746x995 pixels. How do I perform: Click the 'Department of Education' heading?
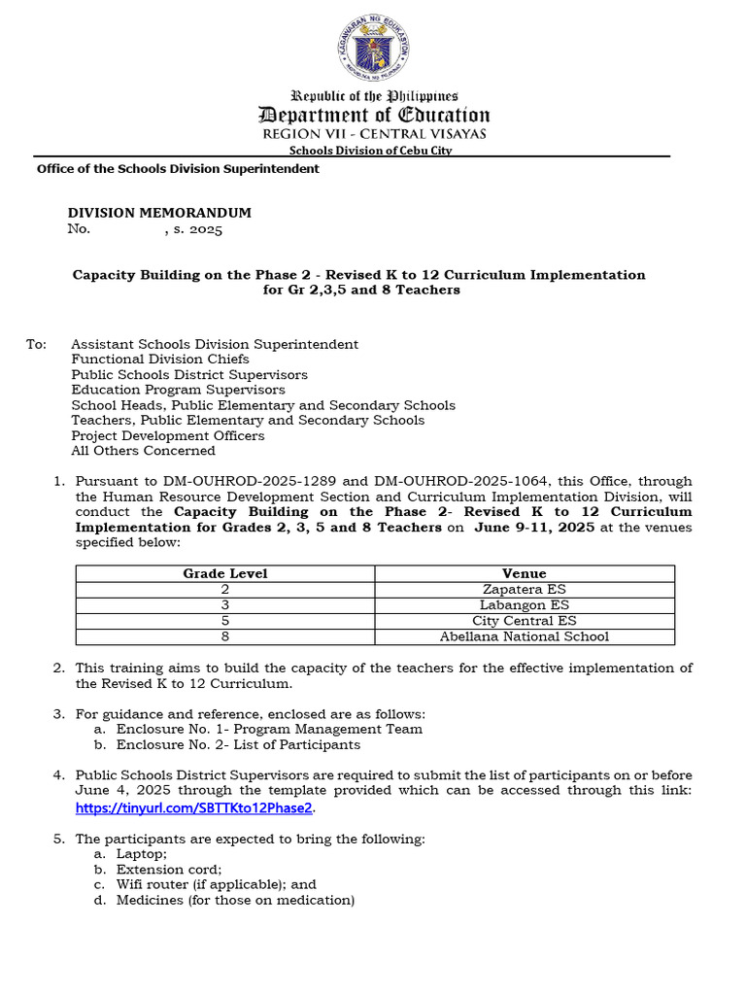pos(374,115)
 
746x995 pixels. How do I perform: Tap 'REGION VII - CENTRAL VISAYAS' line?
pos(374,134)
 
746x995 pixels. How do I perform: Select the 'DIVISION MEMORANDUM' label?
pos(159,213)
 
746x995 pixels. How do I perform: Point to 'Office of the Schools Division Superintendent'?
pos(178,169)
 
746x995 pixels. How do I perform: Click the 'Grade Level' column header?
pos(225,573)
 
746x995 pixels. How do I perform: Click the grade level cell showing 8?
pos(225,636)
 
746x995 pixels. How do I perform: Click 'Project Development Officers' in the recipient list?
pos(168,435)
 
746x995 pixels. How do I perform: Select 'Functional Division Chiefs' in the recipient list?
pos(160,360)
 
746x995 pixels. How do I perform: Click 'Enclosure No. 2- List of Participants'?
pos(238,744)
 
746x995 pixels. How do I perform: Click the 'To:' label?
pos(36,344)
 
